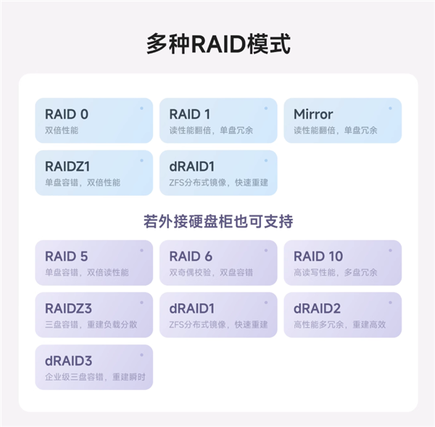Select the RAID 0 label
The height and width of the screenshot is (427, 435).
click(x=67, y=114)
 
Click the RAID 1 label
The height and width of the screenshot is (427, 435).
click(x=190, y=114)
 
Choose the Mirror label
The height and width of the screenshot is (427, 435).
click(x=313, y=114)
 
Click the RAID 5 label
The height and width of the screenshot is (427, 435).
click(x=67, y=256)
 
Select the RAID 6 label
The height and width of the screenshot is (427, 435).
click(x=191, y=256)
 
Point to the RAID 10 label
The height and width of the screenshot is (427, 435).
click(x=318, y=256)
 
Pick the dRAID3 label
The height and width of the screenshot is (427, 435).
click(x=68, y=360)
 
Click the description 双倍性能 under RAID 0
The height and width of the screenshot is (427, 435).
click(x=61, y=130)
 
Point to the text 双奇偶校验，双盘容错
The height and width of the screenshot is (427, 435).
click(x=211, y=273)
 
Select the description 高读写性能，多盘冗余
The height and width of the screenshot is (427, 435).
click(x=335, y=273)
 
